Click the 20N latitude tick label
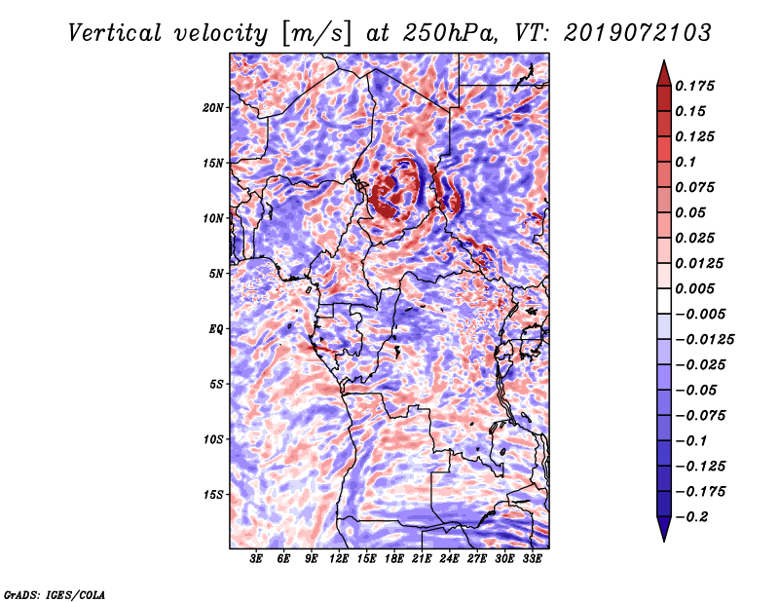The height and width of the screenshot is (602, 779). (x=212, y=108)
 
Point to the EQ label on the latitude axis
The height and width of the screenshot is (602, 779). (x=215, y=329)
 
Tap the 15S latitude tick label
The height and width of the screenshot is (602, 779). (x=212, y=495)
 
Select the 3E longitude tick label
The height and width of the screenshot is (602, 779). (x=256, y=558)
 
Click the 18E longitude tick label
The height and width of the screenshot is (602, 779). (x=394, y=558)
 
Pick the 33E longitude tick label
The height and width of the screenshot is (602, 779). (x=532, y=558)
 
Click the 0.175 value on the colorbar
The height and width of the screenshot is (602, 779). (x=694, y=86)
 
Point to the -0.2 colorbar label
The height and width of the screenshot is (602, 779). (x=691, y=517)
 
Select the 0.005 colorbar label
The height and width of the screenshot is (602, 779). (x=694, y=288)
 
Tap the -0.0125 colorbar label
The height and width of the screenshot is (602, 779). (x=704, y=340)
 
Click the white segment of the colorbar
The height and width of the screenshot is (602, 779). (x=664, y=301)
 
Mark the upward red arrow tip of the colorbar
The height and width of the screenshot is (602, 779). (x=664, y=60)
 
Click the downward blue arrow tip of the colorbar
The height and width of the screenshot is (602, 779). (x=664, y=542)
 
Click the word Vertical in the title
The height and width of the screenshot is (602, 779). (x=115, y=33)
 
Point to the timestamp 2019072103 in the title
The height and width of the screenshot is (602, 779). (x=638, y=33)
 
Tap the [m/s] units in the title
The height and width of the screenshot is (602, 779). (x=316, y=34)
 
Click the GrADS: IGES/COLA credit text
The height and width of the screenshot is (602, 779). (x=55, y=594)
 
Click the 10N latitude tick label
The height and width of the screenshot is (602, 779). (x=212, y=218)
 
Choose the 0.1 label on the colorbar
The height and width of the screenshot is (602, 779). (x=686, y=162)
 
